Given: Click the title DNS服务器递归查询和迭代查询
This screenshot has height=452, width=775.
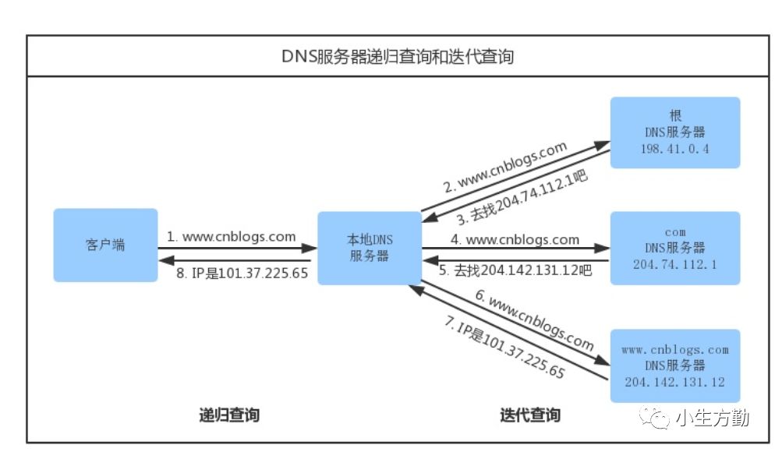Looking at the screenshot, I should click(x=398, y=57).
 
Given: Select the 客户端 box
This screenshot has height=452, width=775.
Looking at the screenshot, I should click(x=105, y=245).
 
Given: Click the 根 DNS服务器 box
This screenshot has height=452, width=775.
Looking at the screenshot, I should click(x=674, y=132).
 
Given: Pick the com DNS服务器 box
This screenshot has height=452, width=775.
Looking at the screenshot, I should click(x=674, y=248).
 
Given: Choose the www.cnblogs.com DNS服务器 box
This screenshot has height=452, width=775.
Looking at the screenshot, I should click(x=674, y=365).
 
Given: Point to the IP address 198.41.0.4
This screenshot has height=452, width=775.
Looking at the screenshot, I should click(x=675, y=150).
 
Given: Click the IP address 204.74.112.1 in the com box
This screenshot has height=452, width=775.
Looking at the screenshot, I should click(x=675, y=264).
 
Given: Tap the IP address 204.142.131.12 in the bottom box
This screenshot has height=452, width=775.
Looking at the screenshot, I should click(x=675, y=382).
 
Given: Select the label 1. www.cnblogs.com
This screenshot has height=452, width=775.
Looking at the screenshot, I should click(x=232, y=236).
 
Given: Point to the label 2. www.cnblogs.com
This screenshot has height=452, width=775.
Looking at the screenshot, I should click(x=504, y=167).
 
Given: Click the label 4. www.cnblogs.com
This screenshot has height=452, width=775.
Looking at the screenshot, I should click(x=515, y=239).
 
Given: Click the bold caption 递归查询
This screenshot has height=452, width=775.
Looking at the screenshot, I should click(x=228, y=415).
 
